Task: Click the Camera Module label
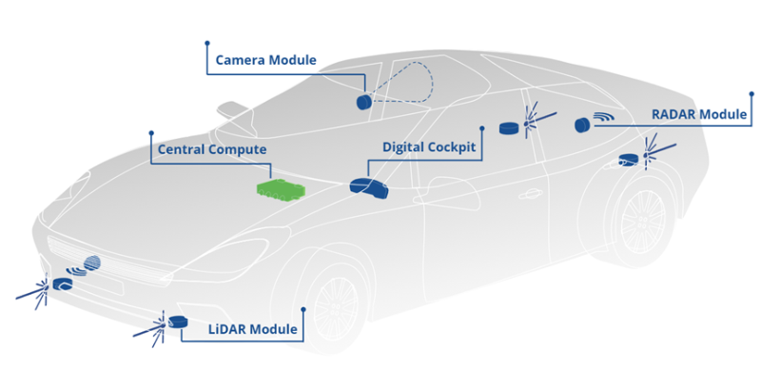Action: [265, 60]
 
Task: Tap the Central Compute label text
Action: [212, 149]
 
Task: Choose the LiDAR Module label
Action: [253, 331]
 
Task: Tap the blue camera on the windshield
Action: [362, 100]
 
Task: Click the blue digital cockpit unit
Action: [368, 187]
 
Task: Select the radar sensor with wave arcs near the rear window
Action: [583, 125]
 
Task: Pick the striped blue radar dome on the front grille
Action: [92, 264]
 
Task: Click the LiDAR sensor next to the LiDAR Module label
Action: [175, 323]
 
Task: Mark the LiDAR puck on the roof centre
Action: [511, 127]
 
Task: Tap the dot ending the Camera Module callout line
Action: [206, 42]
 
